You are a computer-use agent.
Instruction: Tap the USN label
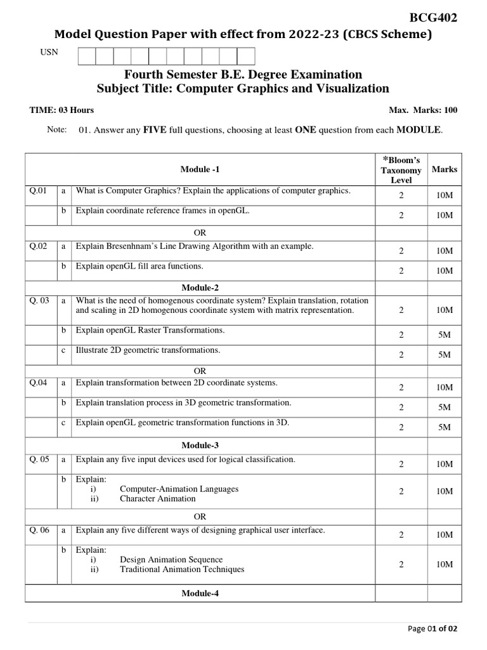pyautogui.click(x=49, y=52)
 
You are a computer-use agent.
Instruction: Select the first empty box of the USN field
pyautogui.click(x=86, y=56)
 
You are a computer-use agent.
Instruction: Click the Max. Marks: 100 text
pyautogui.click(x=422, y=110)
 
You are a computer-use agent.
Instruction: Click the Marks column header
pyautogui.click(x=444, y=169)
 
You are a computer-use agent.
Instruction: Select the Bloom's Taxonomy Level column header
pyautogui.click(x=401, y=169)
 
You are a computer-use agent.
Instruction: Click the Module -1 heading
pyautogui.click(x=200, y=169)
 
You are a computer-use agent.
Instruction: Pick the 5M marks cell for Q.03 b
pyautogui.click(x=444, y=335)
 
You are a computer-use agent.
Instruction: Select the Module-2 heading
pyautogui.click(x=200, y=288)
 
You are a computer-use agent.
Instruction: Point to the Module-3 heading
pyautogui.click(x=200, y=446)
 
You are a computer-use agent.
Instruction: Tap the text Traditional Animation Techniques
pyautogui.click(x=182, y=569)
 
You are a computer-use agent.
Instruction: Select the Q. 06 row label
pyautogui.click(x=39, y=530)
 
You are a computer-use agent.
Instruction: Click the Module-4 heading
pyautogui.click(x=200, y=593)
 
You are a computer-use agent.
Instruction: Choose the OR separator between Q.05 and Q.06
pyautogui.click(x=200, y=517)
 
